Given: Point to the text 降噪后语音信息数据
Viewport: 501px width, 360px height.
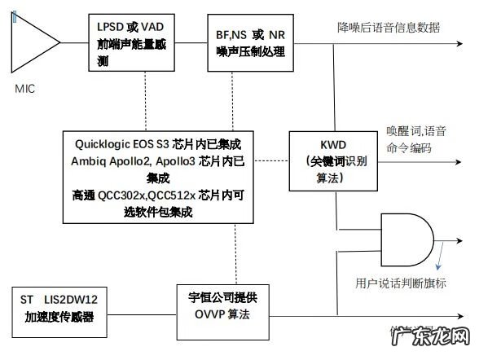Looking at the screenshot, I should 389,27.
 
